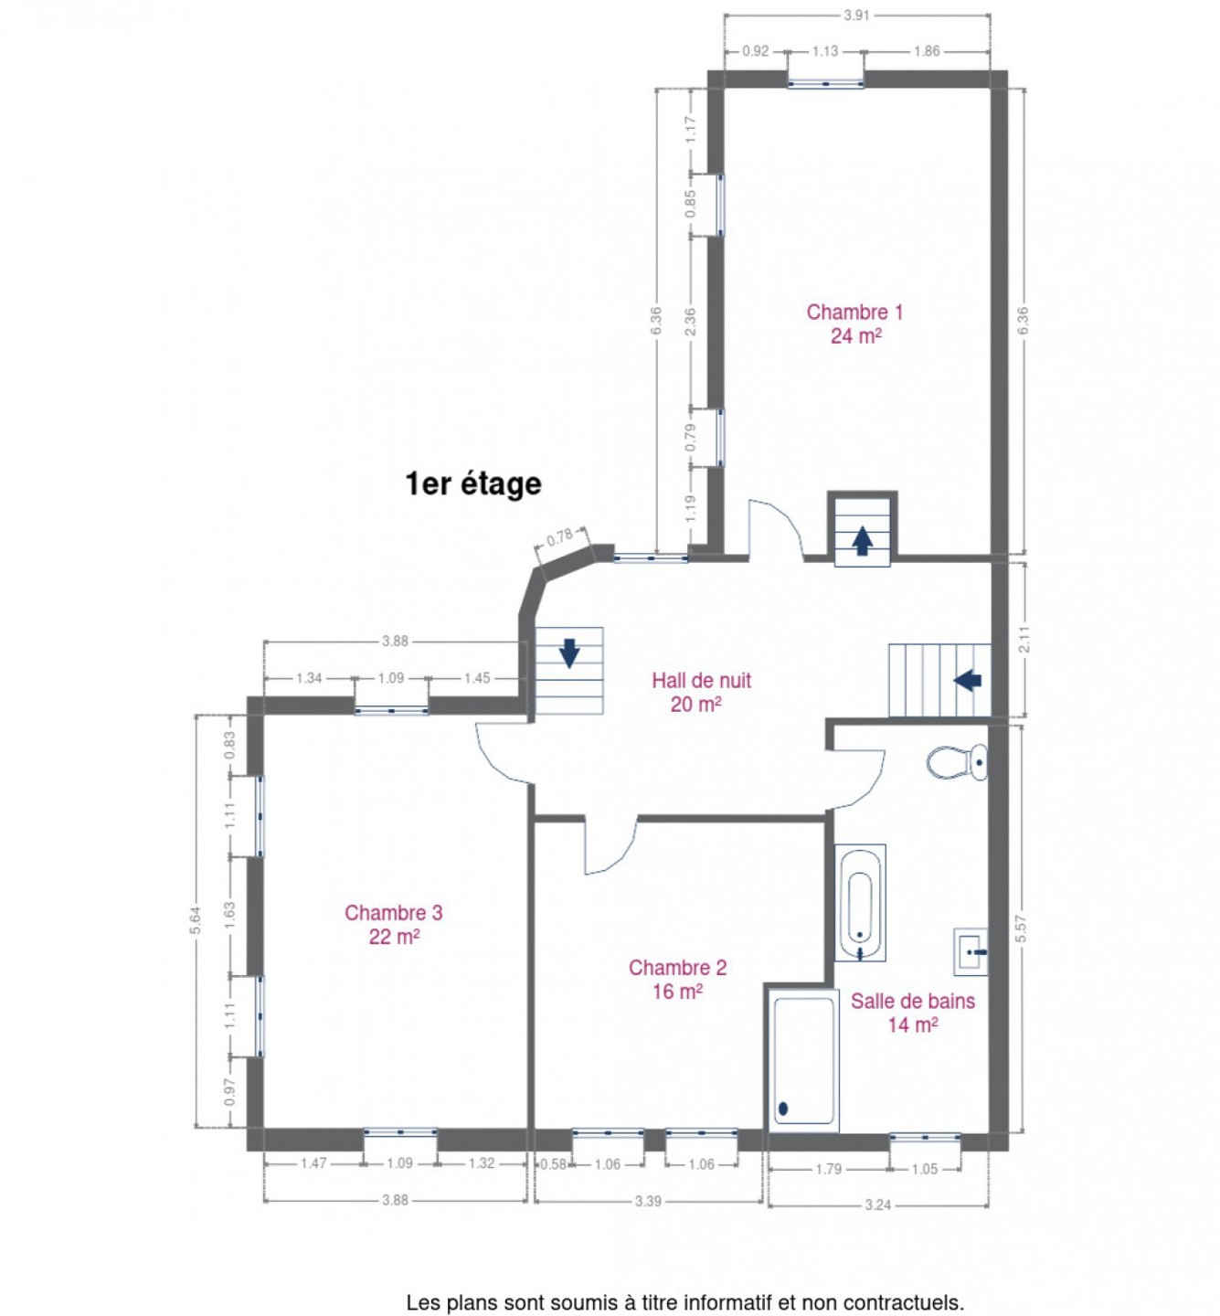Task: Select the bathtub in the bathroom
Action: coord(860,902)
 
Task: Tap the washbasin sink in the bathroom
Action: coord(971,951)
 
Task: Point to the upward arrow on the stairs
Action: coord(861,540)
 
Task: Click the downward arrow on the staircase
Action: coord(569,653)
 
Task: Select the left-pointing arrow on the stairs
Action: coord(967,680)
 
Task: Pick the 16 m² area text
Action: coord(677,992)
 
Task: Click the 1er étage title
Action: coord(473,484)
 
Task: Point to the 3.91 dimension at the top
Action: coord(856,16)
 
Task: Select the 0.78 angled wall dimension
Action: coord(560,536)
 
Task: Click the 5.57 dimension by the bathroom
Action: coord(1021,929)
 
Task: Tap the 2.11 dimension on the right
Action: coord(1024,640)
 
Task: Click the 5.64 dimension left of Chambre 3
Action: coord(196,920)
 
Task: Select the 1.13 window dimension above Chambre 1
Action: coord(825,51)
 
